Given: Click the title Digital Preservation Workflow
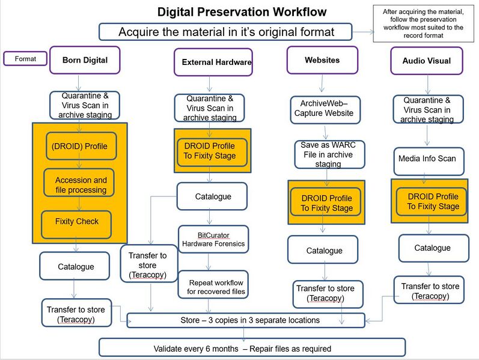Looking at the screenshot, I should [x=242, y=12].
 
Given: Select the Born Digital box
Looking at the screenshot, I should [x=85, y=60].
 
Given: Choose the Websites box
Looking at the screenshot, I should [x=322, y=60].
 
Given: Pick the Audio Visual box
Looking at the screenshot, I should [x=426, y=61].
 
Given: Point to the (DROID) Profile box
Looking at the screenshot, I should [x=81, y=146].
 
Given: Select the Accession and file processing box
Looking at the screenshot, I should [x=80, y=185].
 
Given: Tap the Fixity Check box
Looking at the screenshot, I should [x=76, y=222].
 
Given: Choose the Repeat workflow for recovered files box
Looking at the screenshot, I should [x=213, y=286].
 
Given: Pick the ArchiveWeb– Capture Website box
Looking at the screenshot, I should [x=323, y=109].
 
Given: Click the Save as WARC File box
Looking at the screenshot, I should [x=323, y=154].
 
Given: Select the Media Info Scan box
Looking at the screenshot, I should [x=427, y=159].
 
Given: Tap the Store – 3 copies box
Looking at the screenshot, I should [x=246, y=320].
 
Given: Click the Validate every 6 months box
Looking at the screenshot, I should [x=251, y=348].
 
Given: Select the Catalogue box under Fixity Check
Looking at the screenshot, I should [x=76, y=266].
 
